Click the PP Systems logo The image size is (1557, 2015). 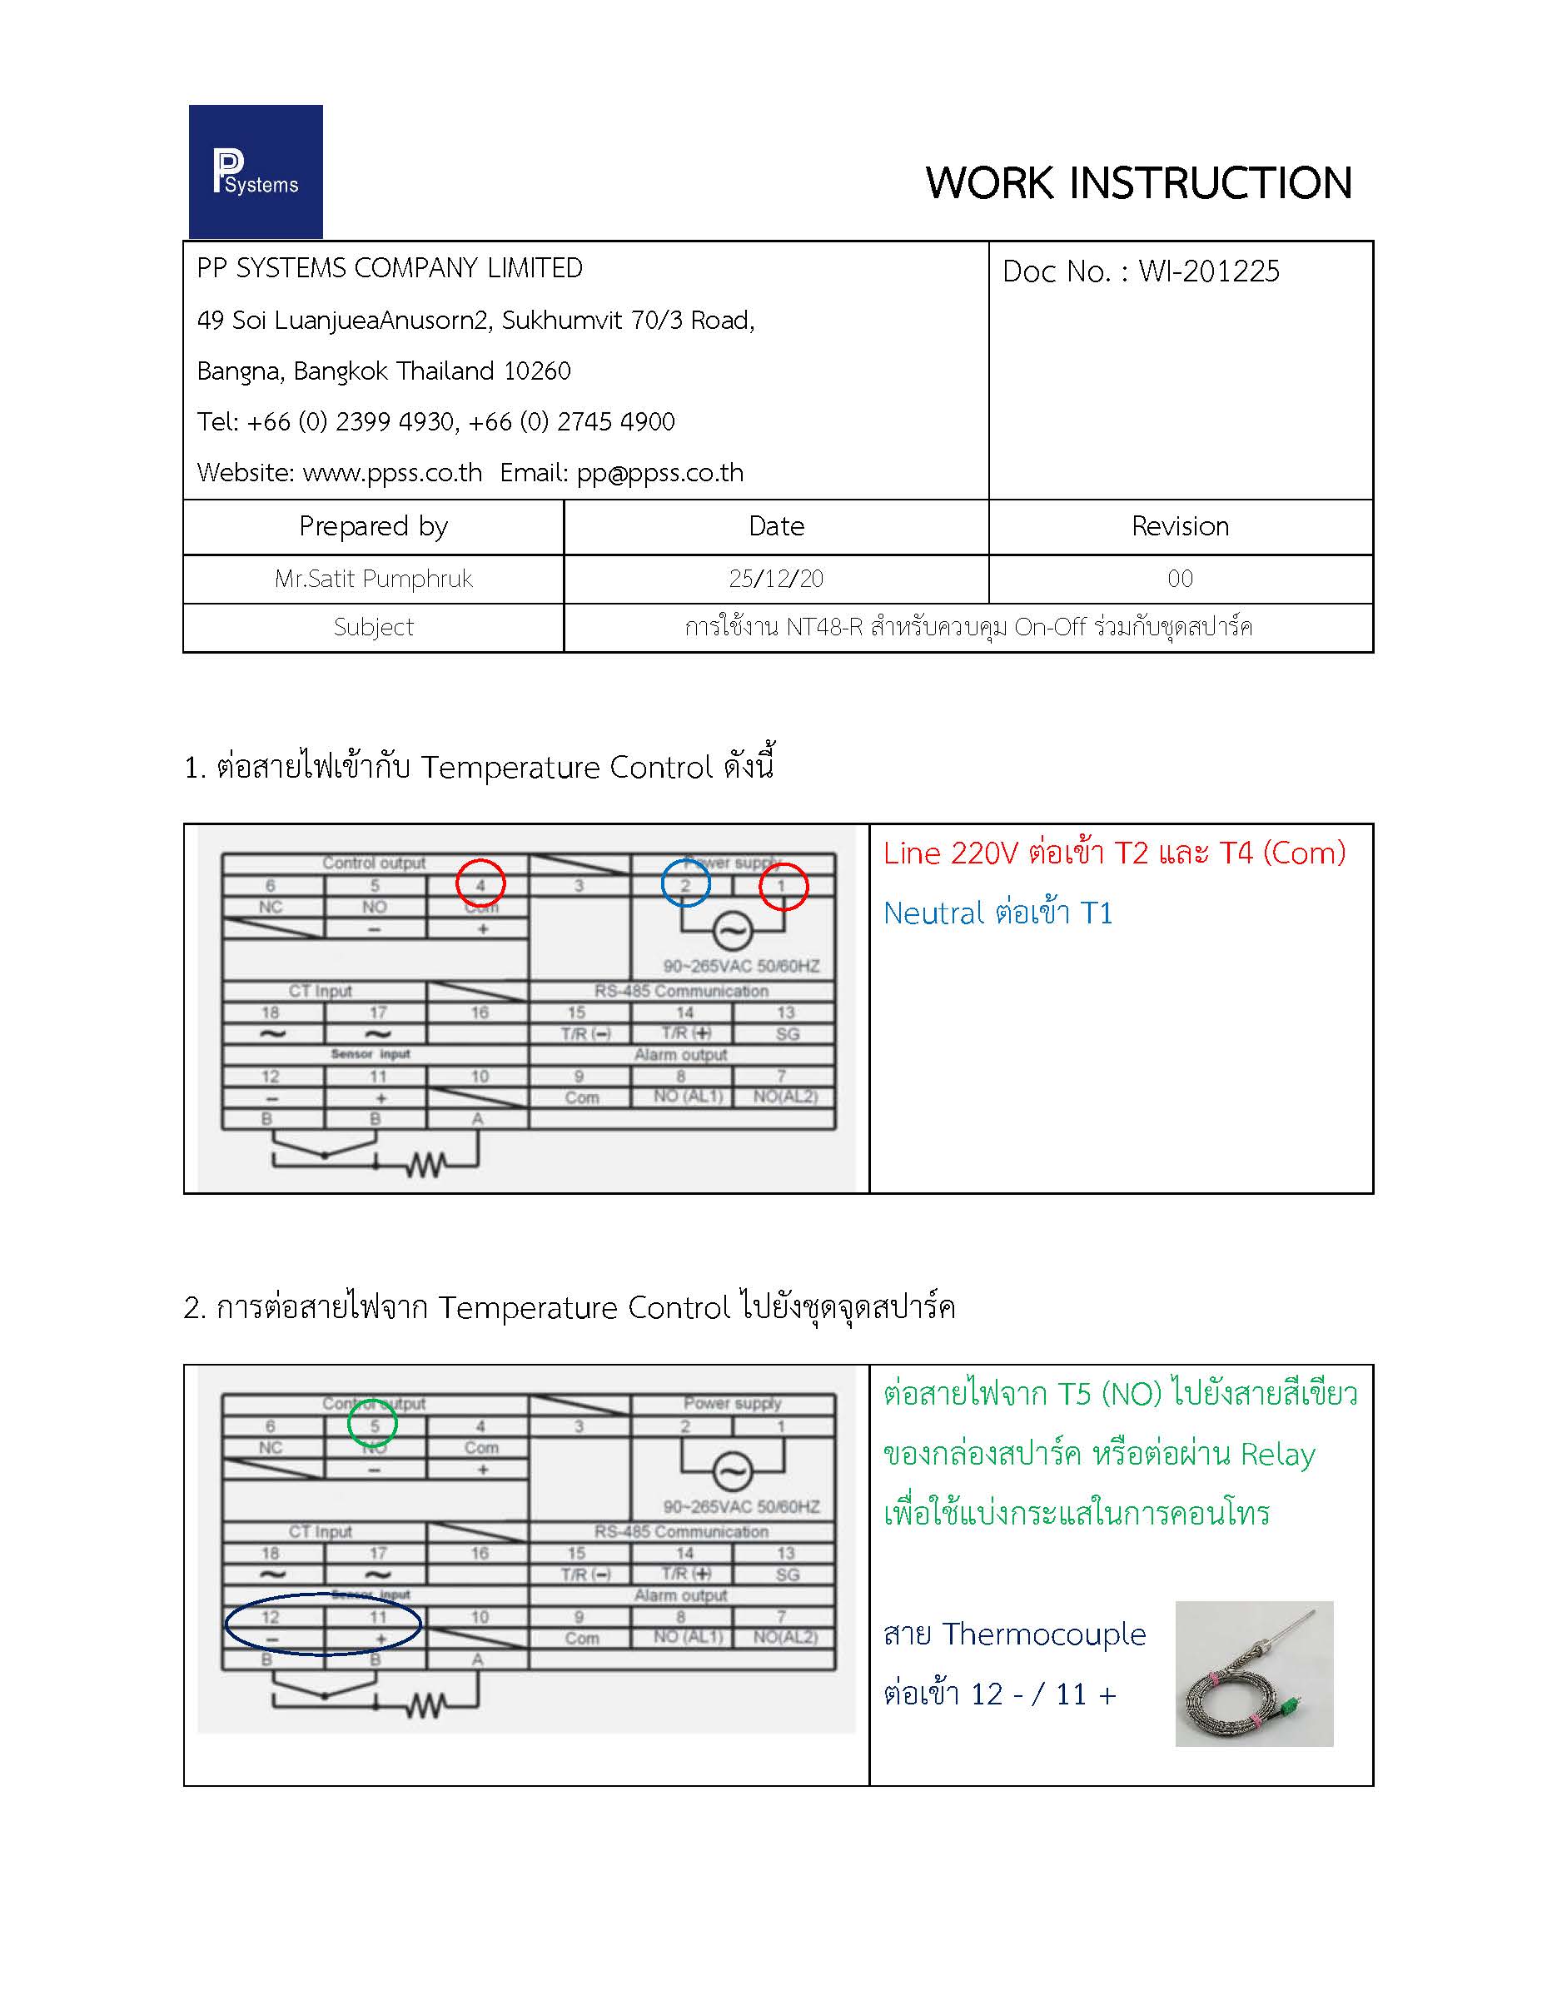256,172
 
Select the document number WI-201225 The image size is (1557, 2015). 1208,271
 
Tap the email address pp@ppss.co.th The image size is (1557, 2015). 659,472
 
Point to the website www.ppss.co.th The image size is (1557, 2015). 392,472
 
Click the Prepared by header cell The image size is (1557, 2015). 374,526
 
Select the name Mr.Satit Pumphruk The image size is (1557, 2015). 374,579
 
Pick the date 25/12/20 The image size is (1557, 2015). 776,579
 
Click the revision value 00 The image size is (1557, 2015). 1180,579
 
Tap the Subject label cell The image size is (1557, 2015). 374,627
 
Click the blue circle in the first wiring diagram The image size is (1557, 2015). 685,883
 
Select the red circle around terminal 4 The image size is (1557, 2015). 480,882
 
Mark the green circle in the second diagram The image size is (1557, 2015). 373,1424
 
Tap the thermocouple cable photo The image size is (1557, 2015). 1254,1674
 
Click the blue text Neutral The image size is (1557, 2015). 933,913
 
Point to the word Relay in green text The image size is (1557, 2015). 1277,1454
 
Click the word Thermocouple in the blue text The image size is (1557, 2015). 1043,1634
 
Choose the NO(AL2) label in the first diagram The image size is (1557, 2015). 785,1096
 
